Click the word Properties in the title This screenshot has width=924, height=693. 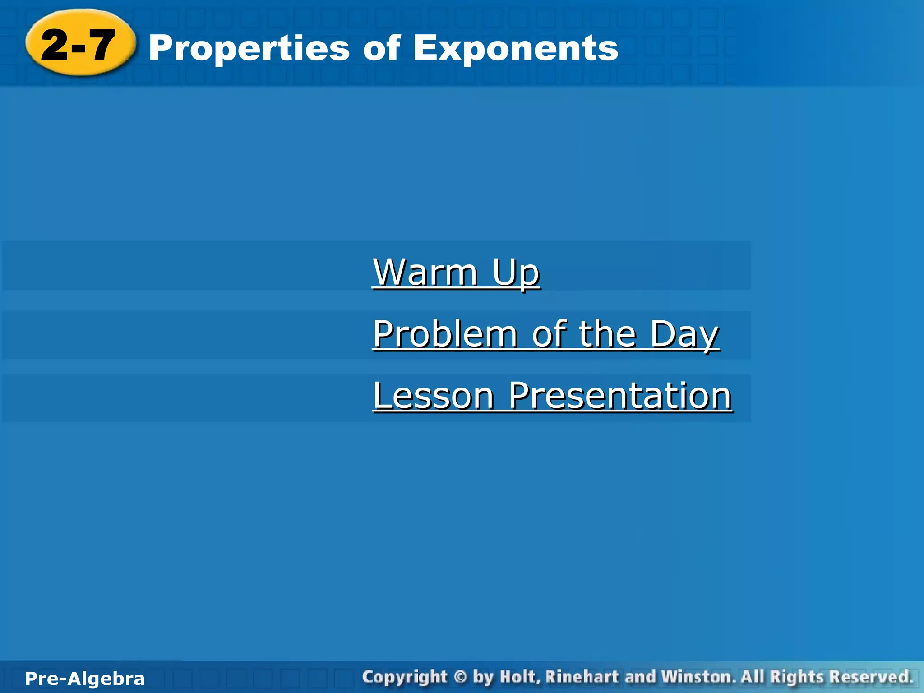249,49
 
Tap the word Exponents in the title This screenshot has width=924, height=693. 515,49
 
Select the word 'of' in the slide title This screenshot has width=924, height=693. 382,48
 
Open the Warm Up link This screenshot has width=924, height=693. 456,273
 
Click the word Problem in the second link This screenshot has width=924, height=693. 445,334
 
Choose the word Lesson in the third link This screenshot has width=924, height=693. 434,396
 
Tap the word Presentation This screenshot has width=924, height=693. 620,396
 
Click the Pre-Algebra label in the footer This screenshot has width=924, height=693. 85,679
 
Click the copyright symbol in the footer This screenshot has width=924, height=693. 459,677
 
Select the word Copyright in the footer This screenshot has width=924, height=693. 404,677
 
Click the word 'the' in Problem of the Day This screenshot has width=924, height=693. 607,334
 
